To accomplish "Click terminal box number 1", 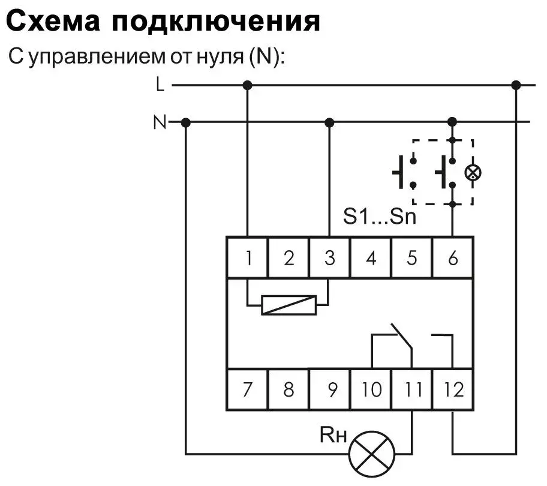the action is [x=247, y=258].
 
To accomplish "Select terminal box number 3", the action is [x=329, y=258].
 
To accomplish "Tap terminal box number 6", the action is [x=452, y=258].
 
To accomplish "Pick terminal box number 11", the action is [x=412, y=389].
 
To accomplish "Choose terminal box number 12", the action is [x=452, y=389].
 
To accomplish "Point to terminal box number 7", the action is [x=247, y=389].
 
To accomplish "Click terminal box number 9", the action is [x=329, y=389].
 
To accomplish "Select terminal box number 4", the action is [x=371, y=258].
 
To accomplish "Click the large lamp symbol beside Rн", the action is [x=371, y=454].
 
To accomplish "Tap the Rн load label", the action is [x=333, y=435].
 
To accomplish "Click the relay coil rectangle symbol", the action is [x=289, y=305].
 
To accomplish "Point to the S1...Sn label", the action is [x=380, y=217].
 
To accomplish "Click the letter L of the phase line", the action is [x=160, y=85].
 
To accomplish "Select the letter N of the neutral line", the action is [x=160, y=122].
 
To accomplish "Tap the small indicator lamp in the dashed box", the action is [x=473, y=172].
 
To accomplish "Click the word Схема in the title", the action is [x=53, y=22].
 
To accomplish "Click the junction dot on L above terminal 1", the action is [x=247, y=85].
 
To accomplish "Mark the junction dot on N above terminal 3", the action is [x=329, y=122].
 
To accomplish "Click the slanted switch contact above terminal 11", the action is [x=401, y=336].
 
